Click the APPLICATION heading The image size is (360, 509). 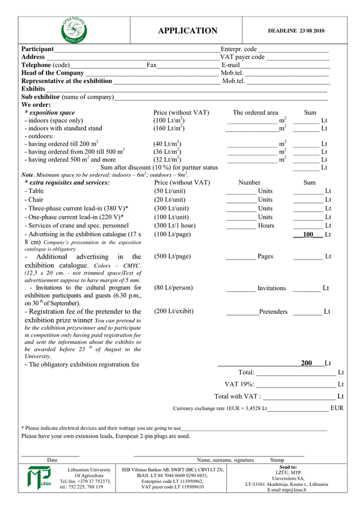tap(187, 31)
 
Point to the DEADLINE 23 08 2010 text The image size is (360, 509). tap(296, 31)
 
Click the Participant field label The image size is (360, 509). tap(37, 49)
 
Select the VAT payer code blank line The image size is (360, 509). tap(297, 57)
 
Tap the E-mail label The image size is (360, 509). tap(231, 65)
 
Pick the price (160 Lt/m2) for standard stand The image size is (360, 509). tap(169, 128)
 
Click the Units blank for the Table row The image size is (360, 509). tap(241, 191)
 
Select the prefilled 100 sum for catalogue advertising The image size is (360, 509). tap(308, 234)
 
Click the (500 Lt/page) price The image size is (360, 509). tap(173, 256)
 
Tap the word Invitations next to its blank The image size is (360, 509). tap(272, 288)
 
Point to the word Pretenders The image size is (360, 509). tap(273, 312)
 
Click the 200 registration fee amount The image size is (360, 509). tap(306, 363)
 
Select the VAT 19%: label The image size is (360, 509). tap(239, 385)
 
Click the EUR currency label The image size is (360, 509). tap(337, 408)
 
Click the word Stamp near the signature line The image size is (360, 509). tap(277, 460)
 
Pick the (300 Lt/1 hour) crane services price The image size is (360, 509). tap(175, 226)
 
